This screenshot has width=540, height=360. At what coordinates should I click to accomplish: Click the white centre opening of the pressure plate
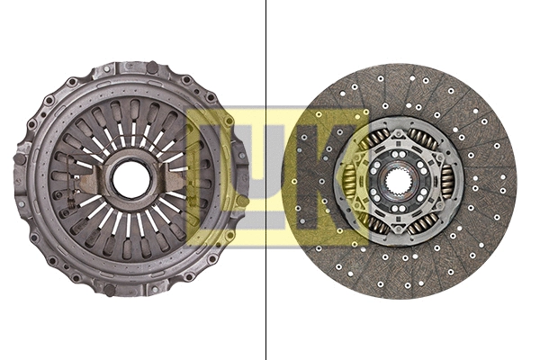coord(130,179)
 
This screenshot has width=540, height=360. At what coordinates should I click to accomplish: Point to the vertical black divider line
coord(265,180)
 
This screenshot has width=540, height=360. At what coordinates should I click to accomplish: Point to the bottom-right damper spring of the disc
coord(423,220)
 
